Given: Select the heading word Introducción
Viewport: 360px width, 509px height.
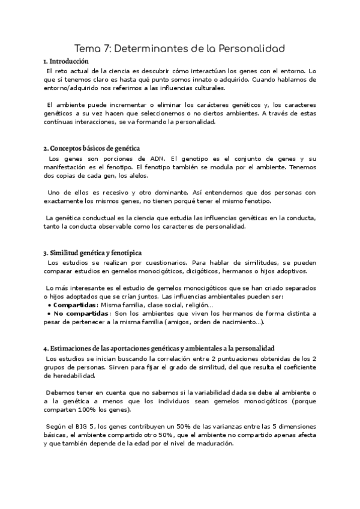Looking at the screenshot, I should (x=69, y=61).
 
